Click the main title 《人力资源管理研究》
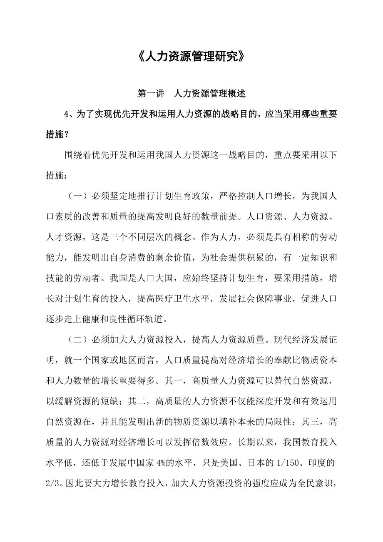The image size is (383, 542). click(x=191, y=57)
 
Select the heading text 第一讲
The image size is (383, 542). click(x=150, y=94)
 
